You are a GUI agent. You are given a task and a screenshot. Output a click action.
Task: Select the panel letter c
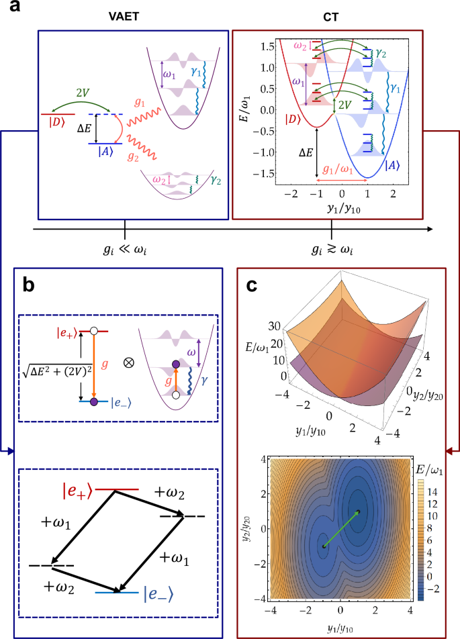pos(252,285)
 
